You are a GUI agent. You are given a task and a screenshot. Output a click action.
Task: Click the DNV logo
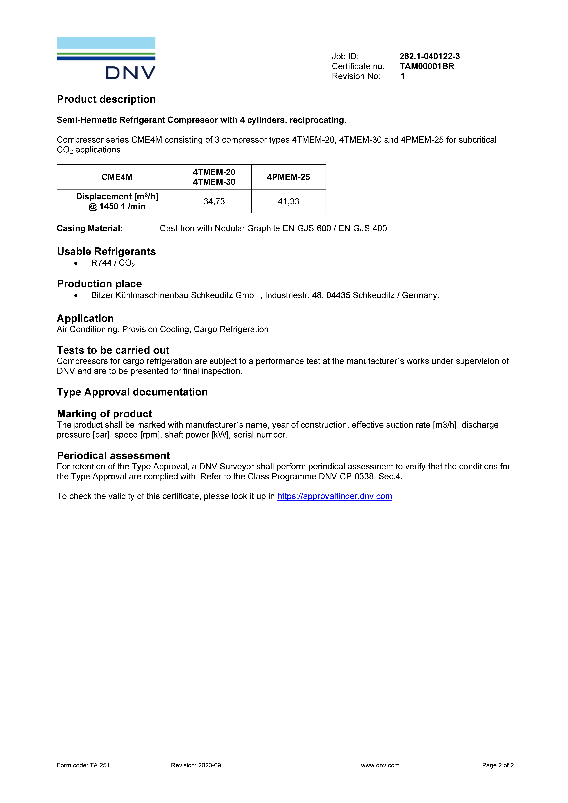(106, 58)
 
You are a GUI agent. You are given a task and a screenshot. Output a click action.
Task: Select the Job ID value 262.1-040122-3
(429, 56)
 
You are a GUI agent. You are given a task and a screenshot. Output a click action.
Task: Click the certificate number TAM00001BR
(427, 66)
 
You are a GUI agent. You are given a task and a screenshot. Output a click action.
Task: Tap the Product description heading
(106, 99)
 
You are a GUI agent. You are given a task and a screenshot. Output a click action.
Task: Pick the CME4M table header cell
(117, 177)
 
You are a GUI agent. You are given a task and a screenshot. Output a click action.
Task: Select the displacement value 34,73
(214, 201)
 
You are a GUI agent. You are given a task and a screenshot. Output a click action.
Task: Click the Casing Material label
(90, 228)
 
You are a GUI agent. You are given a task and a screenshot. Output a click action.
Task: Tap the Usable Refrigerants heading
(106, 251)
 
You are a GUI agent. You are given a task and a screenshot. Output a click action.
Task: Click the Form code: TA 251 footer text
(83, 765)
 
